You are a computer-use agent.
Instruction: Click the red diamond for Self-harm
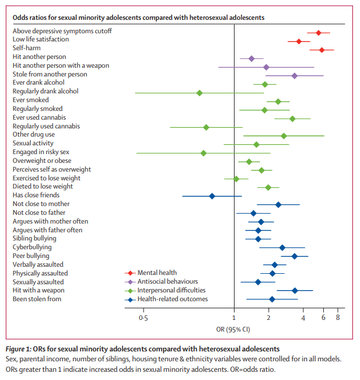coord(321,50)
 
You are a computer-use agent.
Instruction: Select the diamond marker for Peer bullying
coord(295,256)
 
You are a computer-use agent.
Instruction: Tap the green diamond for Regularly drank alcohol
coord(200,93)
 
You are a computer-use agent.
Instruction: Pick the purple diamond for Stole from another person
coord(294,76)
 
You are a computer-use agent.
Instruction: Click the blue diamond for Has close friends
coord(212,196)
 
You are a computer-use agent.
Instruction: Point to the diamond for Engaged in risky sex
coord(203,153)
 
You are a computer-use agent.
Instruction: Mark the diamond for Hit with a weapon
coord(295,290)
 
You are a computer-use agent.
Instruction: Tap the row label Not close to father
coord(39,212)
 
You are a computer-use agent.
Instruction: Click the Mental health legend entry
coord(156,273)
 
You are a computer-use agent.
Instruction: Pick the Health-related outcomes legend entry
coord(172,299)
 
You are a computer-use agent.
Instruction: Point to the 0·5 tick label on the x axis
coord(142,318)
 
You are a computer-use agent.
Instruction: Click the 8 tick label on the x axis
coord(337,318)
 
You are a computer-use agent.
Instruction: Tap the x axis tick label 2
coord(268,318)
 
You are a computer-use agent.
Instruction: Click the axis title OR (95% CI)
coord(233,328)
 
